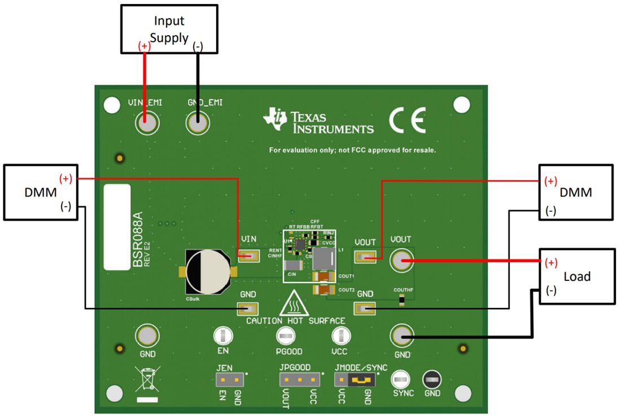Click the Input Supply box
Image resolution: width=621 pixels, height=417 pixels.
[x=169, y=29]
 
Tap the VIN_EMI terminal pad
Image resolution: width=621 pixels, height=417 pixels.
[x=146, y=123]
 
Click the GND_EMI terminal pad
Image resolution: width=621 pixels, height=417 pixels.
[x=198, y=123]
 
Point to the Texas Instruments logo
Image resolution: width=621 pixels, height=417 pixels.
[x=318, y=122]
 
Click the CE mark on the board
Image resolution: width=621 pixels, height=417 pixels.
[x=407, y=120]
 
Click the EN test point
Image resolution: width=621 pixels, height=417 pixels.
[x=223, y=336]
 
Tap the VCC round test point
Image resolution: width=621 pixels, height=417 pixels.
[x=340, y=336]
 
